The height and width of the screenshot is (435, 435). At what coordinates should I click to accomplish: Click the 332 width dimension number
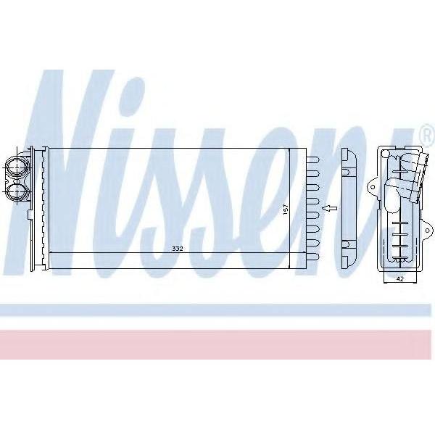pos(178,249)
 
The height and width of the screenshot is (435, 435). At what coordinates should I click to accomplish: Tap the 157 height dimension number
pos(286,208)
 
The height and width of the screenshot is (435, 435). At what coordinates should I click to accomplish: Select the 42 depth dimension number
pos(399,279)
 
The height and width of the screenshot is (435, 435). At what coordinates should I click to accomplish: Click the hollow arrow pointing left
pos(330,208)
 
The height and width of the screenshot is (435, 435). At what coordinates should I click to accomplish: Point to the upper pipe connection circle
pos(17,168)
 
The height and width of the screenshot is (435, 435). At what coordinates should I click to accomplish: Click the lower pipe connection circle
pos(17,191)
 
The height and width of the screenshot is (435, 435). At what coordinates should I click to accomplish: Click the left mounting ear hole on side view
pos(373,187)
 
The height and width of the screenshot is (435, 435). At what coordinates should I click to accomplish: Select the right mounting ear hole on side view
pos(428,231)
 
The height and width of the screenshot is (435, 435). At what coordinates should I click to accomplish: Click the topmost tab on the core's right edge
pos(313,160)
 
